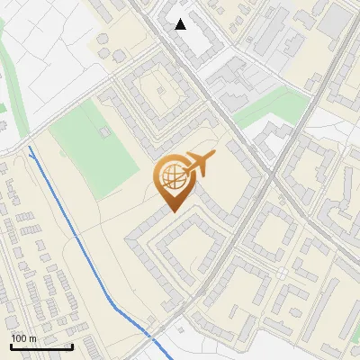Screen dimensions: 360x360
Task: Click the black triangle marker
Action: click(x=181, y=24)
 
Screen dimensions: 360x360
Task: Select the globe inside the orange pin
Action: click(x=171, y=178)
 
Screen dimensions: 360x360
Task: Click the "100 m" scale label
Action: click(x=24, y=338)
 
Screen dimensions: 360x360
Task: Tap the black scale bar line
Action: click(x=40, y=346)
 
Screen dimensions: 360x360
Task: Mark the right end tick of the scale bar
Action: click(x=72, y=345)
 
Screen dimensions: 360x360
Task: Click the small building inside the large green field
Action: click(x=105, y=131)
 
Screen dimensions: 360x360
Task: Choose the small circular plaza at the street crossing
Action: click(x=282, y=273)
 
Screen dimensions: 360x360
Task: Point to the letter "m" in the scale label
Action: click(x=32, y=338)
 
